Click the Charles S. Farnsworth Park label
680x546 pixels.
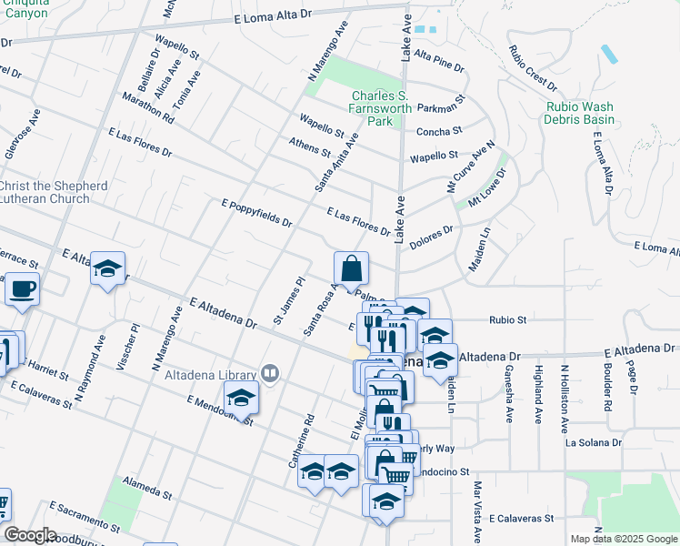tap(385, 108)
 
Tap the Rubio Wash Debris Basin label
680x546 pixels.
tap(579, 113)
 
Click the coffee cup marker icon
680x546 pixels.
tap(21, 290)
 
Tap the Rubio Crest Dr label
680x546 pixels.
tap(532, 68)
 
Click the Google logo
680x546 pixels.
tap(29, 535)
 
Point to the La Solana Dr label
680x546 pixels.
tap(593, 443)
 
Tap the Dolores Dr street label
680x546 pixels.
tap(431, 238)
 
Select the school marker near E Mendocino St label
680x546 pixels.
tap(241, 398)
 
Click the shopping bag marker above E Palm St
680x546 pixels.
tap(351, 269)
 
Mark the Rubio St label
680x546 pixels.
tap(508, 320)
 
